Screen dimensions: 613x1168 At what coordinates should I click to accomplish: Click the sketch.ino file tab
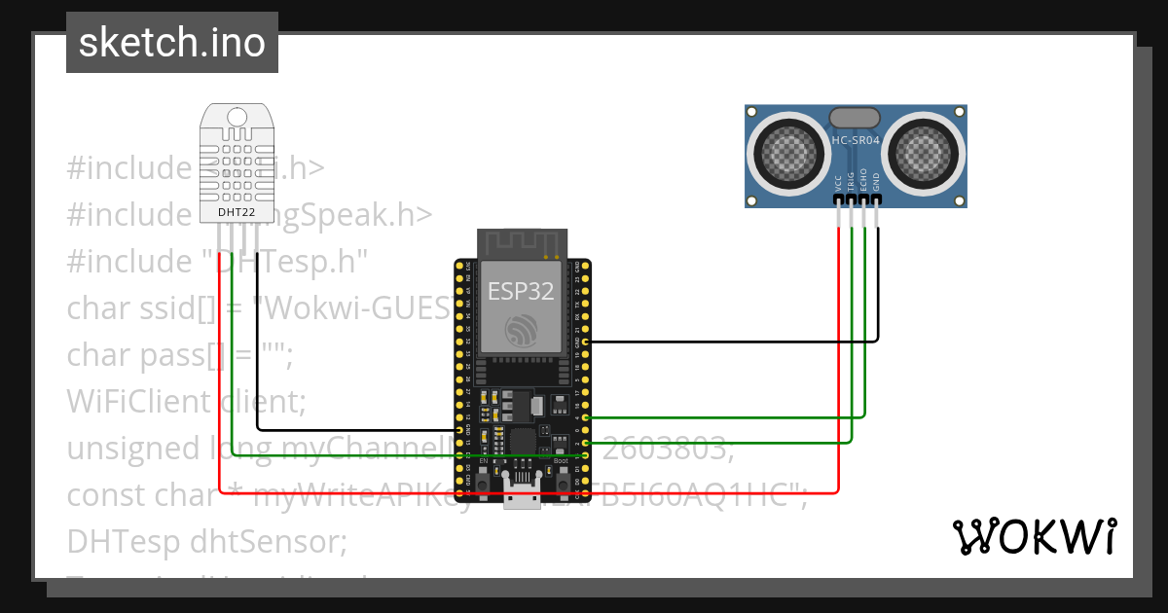172,43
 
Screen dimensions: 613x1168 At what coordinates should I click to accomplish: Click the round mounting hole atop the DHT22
237,118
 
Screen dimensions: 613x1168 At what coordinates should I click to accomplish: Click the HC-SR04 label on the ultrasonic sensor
856,140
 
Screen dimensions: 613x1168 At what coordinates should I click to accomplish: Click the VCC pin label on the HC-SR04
839,182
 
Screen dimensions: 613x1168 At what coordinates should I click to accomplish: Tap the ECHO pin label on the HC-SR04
864,180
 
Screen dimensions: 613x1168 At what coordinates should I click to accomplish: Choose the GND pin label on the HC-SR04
876,182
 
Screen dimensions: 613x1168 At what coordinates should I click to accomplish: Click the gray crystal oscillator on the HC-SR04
856,117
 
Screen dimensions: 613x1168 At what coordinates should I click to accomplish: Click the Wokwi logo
1034,537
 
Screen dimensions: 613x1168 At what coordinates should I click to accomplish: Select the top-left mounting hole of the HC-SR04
752,114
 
